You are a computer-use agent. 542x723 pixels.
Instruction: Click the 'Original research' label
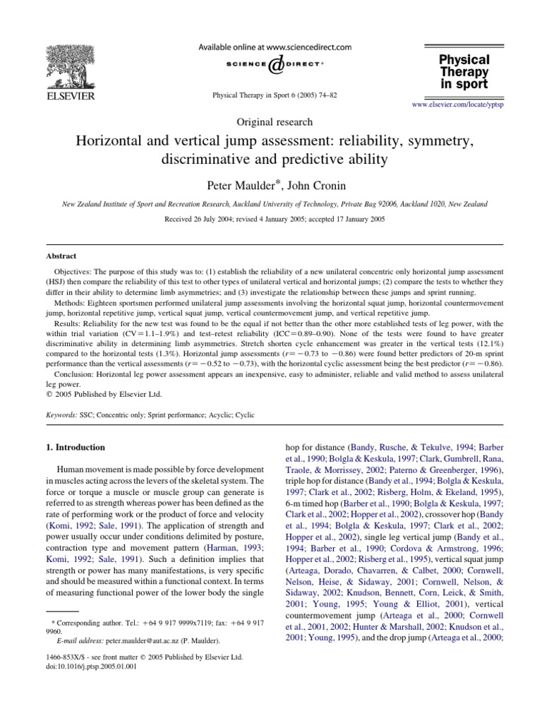click(271, 121)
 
